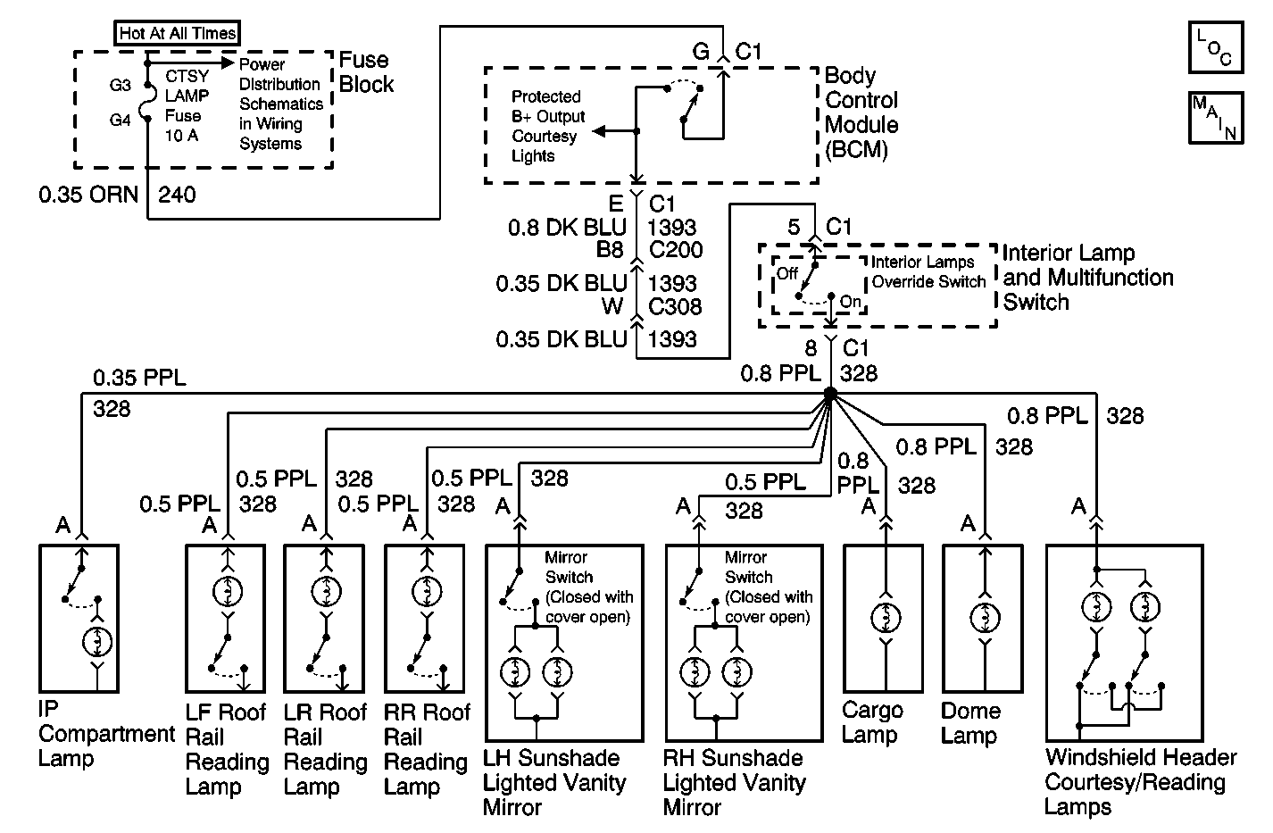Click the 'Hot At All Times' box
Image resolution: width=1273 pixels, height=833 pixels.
click(x=179, y=34)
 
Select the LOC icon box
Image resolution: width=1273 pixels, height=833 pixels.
click(x=1215, y=48)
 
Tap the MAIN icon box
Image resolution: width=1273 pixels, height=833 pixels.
click(x=1215, y=118)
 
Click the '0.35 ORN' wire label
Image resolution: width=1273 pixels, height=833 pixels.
click(x=87, y=194)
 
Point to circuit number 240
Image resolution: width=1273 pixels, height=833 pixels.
click(x=177, y=194)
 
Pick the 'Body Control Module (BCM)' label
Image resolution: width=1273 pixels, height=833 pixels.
click(x=861, y=112)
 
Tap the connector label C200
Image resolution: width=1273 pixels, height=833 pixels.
click(x=676, y=251)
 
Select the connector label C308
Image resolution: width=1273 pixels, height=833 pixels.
click(x=676, y=307)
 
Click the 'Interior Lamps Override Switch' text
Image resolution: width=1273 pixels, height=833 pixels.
click(x=928, y=271)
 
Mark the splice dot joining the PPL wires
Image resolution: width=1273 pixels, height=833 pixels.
click(x=829, y=394)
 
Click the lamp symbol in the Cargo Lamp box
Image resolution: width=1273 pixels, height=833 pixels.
click(x=886, y=618)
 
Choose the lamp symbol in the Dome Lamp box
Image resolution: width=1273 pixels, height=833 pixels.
click(x=985, y=618)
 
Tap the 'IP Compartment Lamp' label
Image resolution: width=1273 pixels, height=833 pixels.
click(x=105, y=734)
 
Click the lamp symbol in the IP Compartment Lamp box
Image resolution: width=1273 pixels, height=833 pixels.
click(x=97, y=641)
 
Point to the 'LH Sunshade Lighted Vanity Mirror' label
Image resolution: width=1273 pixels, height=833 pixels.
click(x=555, y=783)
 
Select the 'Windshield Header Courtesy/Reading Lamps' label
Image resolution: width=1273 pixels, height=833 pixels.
click(x=1139, y=782)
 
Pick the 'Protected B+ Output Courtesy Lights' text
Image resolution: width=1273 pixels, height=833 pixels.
click(x=547, y=126)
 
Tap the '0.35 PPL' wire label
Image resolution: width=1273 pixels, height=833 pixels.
click(x=139, y=378)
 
